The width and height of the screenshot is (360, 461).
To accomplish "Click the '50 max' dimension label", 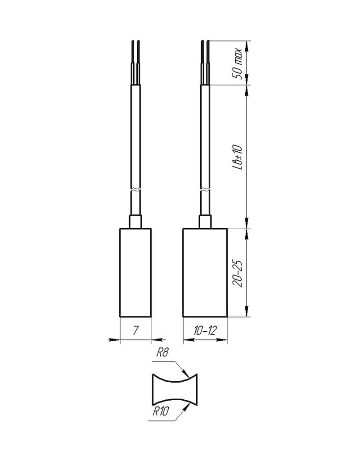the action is (x=237, y=63).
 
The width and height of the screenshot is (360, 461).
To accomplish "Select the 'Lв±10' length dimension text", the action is (x=237, y=157).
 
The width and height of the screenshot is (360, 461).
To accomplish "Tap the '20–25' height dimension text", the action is (x=237, y=273).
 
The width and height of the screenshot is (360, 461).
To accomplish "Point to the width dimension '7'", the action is (x=135, y=330).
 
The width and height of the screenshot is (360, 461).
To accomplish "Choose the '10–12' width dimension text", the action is (x=205, y=331).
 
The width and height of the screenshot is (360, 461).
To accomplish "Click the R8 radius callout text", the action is (x=162, y=352).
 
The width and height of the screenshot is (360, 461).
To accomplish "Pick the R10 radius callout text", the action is (x=161, y=411).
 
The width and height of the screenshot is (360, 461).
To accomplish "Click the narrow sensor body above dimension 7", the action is (x=135, y=272).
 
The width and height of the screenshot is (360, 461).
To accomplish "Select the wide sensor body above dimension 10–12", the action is (x=205, y=272).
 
